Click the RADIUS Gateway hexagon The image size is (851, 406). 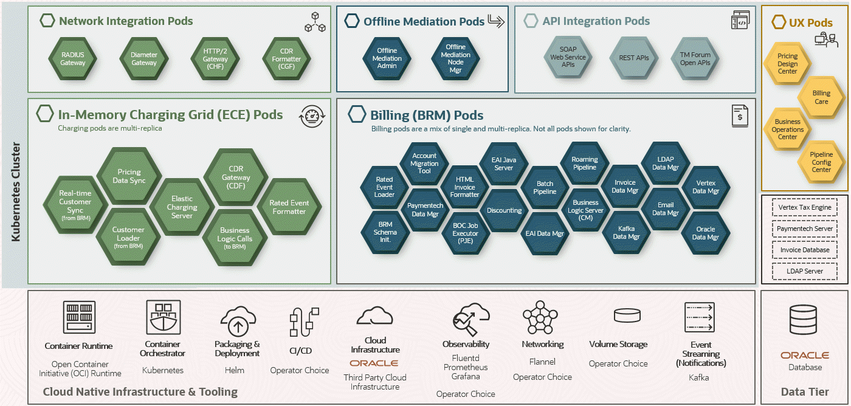[72, 59]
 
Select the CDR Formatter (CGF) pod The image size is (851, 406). [286, 59]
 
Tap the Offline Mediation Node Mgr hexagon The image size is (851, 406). [455, 59]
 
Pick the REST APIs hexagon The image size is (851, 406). [633, 58]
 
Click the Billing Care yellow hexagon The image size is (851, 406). [821, 97]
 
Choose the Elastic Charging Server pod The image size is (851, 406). [182, 207]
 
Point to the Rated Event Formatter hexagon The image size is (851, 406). [289, 207]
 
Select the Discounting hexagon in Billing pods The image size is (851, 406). [504, 210]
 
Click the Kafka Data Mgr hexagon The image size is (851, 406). [626, 233]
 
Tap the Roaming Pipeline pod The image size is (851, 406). [585, 163]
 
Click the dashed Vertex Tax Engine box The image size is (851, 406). [805, 207]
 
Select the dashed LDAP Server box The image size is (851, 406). [805, 271]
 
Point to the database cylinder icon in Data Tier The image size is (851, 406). [803, 320]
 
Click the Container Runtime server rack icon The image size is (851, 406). [79, 317]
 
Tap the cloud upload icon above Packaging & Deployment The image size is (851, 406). [238, 321]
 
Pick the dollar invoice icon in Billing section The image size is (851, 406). [740, 116]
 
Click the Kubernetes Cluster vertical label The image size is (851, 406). [16, 192]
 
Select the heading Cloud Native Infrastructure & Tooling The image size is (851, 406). [140, 391]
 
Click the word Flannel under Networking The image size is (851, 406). [542, 362]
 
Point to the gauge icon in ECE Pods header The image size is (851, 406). [312, 116]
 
